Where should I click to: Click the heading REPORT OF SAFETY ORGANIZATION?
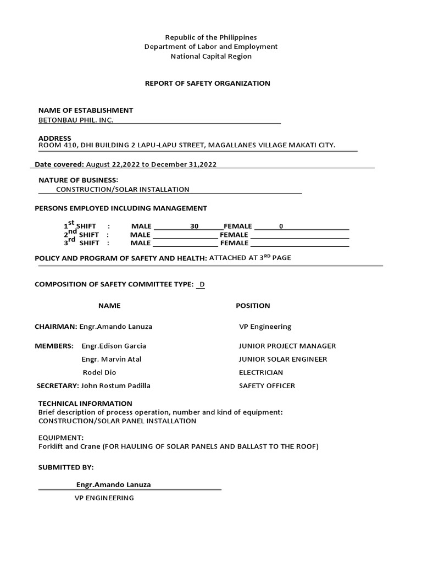pos(207,84)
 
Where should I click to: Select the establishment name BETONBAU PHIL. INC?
pos(75,120)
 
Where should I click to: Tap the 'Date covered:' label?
pos(59,164)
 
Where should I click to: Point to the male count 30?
pos(194,226)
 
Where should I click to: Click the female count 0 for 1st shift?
pos(281,226)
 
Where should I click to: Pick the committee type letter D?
pos(202,284)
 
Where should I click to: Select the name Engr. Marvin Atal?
pos(112,359)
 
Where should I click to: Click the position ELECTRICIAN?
pos(261,372)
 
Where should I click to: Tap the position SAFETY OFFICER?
pos(267,385)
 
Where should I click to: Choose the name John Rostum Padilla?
pos(115,385)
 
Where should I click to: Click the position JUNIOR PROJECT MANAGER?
pos(287,346)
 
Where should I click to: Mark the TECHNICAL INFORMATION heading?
pos(85,404)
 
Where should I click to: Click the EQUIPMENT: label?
pos(61,438)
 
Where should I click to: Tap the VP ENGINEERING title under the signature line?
pos(104,498)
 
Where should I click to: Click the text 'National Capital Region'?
pos(211,56)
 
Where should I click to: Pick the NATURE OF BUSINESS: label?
pos(78,180)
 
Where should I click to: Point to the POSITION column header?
pos(253,306)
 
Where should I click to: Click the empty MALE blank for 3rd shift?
pos(185,243)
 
